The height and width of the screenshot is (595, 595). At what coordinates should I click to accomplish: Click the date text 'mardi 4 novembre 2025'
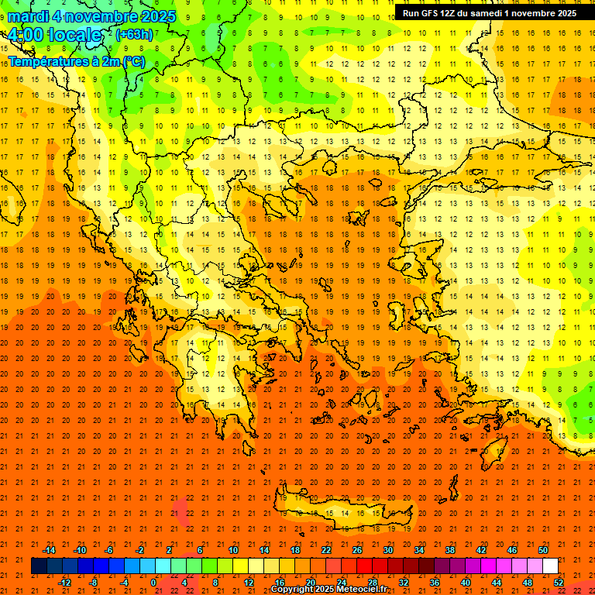(x=92, y=16)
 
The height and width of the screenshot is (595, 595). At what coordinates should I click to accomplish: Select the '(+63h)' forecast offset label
(x=135, y=34)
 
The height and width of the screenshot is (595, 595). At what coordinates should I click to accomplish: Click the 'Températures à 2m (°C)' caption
(x=76, y=61)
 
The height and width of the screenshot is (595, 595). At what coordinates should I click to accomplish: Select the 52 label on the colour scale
(x=559, y=583)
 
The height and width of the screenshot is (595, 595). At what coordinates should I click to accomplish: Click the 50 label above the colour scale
(x=543, y=550)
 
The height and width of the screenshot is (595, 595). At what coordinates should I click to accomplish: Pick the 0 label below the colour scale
(x=153, y=583)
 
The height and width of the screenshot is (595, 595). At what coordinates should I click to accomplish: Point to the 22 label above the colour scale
(x=326, y=550)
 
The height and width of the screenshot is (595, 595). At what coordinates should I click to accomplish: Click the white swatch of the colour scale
(x=551, y=566)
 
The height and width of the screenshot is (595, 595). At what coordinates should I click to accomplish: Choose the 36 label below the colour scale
(x=434, y=583)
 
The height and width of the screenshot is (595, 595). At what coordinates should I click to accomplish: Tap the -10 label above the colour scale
(x=79, y=550)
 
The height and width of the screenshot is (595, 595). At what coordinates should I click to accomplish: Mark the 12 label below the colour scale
(x=248, y=583)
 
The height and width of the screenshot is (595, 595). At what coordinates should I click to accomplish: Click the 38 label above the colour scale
(x=450, y=550)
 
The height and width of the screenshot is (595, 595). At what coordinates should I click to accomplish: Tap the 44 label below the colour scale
(x=497, y=583)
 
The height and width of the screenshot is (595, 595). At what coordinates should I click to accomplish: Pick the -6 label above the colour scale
(x=110, y=550)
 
